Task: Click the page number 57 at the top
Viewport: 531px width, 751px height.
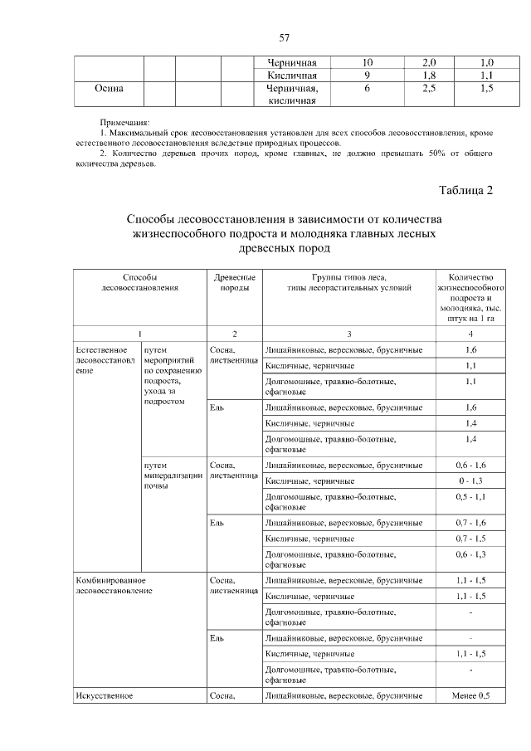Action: [284, 38]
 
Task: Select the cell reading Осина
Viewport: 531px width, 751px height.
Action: [109, 88]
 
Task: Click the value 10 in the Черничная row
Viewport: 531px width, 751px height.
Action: [367, 62]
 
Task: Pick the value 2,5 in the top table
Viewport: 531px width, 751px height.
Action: [429, 88]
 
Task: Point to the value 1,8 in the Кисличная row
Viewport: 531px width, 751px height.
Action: [429, 75]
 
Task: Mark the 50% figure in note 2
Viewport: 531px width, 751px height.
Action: [431, 154]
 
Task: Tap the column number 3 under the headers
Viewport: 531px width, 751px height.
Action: [348, 334]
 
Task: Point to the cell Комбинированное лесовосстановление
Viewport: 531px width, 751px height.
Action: [111, 585]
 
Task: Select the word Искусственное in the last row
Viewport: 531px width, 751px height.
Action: [104, 695]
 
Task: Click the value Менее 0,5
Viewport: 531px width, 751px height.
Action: [470, 695]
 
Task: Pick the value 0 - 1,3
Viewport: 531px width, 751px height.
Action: [470, 480]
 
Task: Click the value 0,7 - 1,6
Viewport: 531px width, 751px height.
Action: [470, 523]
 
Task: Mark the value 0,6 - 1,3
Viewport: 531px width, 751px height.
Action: [470, 553]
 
